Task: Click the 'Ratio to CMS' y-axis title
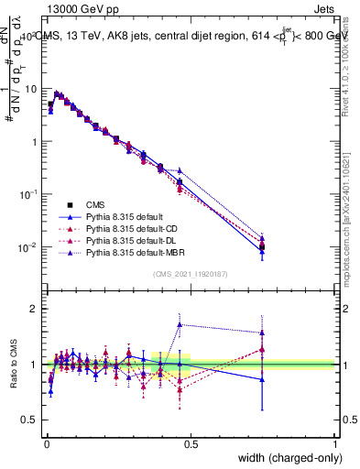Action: [x=12, y=364]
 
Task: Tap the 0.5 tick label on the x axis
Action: [x=191, y=444]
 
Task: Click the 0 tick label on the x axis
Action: [x=45, y=444]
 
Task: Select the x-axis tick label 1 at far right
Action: [x=336, y=444]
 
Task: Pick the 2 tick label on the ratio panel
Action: [x=35, y=309]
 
